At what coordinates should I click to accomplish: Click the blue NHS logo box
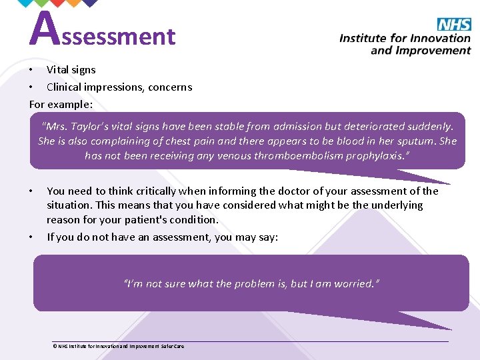click(x=454, y=25)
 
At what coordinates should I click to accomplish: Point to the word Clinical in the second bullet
click(x=65, y=87)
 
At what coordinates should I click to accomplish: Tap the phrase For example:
click(x=61, y=104)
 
